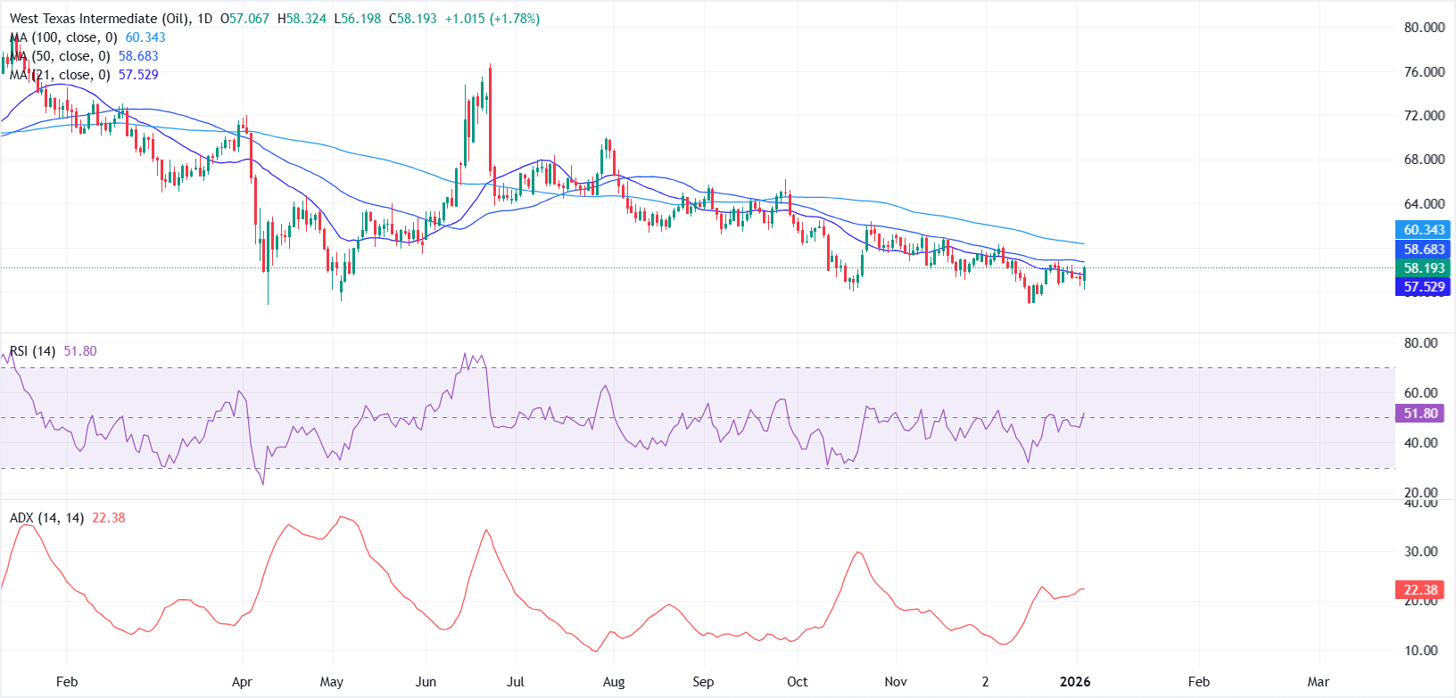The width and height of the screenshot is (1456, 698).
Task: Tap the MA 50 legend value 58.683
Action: point(138,56)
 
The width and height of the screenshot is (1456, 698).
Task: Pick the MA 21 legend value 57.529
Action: point(138,75)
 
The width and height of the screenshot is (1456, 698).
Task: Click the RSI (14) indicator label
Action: point(33,351)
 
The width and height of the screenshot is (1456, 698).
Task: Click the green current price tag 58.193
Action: point(1424,268)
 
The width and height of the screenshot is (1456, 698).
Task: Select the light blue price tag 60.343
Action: point(1424,230)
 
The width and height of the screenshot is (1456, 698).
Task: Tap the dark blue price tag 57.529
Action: point(1424,287)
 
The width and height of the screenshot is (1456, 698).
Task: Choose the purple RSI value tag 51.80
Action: point(1420,414)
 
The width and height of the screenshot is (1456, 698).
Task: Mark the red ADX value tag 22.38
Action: point(1420,590)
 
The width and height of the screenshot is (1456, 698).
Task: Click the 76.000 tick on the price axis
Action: point(1424,72)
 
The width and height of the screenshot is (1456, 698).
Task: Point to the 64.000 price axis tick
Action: point(1424,204)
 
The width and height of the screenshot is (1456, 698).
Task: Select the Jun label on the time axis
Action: point(426,682)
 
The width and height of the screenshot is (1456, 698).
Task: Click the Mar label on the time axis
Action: point(1318,682)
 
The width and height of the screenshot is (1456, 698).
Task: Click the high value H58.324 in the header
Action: point(302,19)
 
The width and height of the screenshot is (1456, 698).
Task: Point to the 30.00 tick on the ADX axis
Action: point(1421,552)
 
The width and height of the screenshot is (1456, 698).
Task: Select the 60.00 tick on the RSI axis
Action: point(1421,393)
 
